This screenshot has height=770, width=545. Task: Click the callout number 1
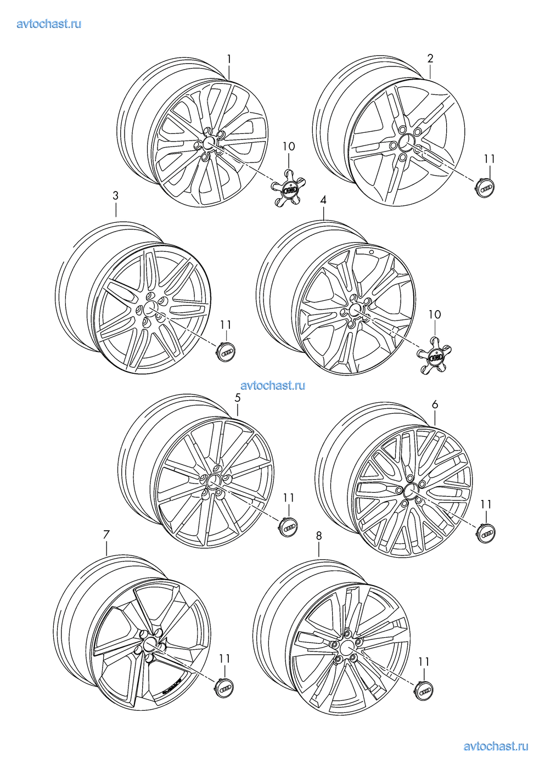point(229,59)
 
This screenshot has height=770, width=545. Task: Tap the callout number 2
point(430,58)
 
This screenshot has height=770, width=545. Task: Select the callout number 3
point(116,195)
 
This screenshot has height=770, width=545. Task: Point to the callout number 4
point(323,200)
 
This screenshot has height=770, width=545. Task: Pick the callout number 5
point(238,398)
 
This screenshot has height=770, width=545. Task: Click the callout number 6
point(435,404)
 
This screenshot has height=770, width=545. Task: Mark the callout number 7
point(106,535)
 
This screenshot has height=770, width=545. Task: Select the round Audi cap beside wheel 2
point(485,188)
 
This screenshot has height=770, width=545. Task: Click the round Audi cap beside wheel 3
point(227,352)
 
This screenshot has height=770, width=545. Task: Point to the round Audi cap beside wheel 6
point(486,533)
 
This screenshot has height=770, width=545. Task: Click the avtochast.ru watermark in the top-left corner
point(49,24)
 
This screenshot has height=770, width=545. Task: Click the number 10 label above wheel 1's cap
point(289,147)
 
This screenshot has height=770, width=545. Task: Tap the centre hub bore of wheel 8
point(347,647)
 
